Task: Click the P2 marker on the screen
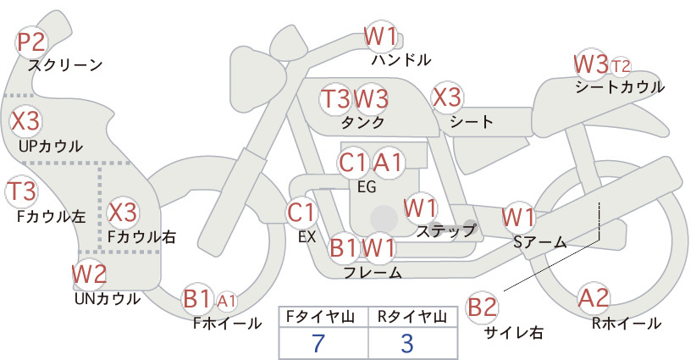tap(31, 42)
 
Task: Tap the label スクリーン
tap(65, 65)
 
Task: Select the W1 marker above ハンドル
tap(380, 36)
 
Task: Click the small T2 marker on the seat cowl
tap(620, 66)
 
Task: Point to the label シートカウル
tap(620, 86)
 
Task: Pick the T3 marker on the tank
tap(335, 98)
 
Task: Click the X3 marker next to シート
tap(447, 97)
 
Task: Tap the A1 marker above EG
tap(388, 163)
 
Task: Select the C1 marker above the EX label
tap(301, 212)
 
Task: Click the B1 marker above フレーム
tap(344, 247)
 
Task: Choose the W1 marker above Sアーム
tap(518, 218)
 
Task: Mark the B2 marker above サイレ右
tap(482, 307)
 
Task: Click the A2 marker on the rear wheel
tap(594, 297)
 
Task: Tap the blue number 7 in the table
tap(318, 343)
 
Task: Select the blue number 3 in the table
tap(407, 343)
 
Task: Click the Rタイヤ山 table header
tap(412, 317)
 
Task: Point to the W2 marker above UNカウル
tap(89, 274)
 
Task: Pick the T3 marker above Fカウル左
tap(21, 191)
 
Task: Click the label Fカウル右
tap(142, 236)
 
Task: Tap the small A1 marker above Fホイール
tap(226, 302)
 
